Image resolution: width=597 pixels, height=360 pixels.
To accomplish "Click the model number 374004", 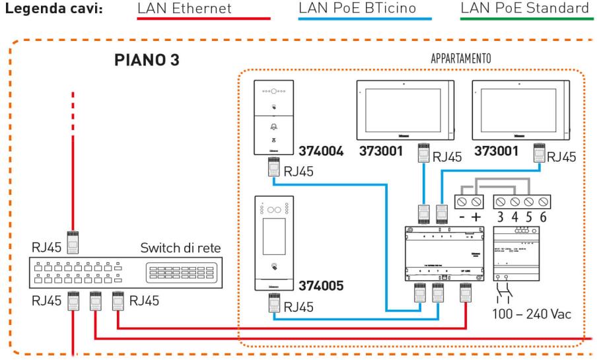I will point(320,151).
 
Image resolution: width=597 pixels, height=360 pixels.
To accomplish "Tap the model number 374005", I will point(320,288).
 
